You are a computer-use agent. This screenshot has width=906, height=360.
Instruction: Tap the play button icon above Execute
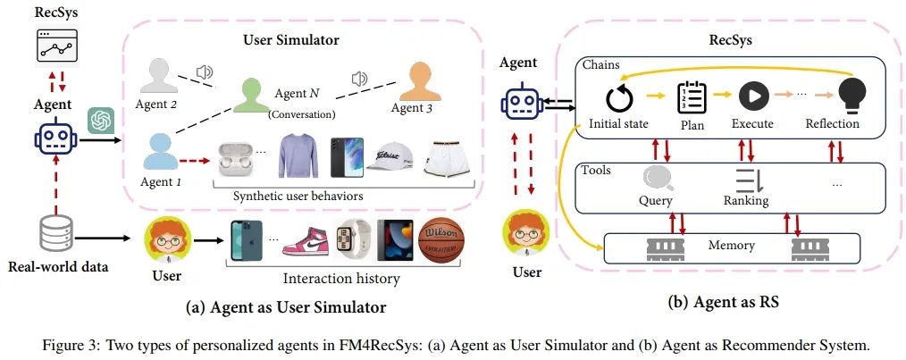(753, 96)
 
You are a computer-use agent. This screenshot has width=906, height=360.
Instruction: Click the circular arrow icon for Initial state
(617, 96)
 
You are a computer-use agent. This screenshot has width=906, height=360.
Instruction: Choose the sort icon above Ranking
(746, 180)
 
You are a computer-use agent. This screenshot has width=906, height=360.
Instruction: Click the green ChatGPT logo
(98, 119)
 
